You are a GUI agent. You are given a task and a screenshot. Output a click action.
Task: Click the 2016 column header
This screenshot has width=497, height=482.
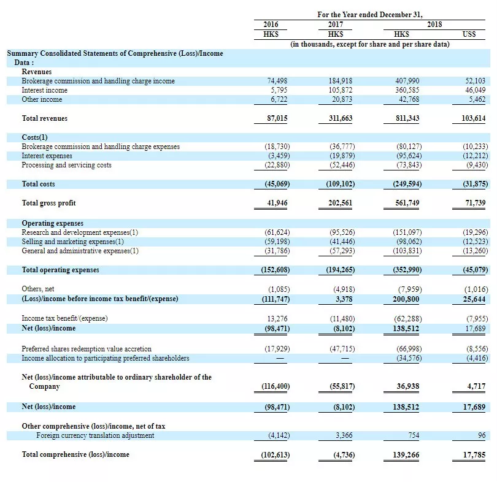(271, 25)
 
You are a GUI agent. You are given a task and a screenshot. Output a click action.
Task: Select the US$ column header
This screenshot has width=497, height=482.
(469, 34)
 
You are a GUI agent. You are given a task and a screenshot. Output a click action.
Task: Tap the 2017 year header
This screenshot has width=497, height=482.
(336, 25)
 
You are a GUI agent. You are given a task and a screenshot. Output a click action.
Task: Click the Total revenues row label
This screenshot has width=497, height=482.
(45, 118)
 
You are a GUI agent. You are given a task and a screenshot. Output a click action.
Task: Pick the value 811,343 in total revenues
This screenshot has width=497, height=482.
(407, 118)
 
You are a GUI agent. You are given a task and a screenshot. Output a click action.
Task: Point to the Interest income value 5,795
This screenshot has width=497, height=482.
(279, 90)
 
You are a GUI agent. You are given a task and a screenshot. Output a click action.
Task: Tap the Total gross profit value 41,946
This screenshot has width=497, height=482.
(277, 203)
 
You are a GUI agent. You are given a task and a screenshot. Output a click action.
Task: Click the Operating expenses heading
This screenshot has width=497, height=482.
(53, 223)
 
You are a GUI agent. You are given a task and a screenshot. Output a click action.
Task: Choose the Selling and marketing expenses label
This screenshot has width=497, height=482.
(72, 242)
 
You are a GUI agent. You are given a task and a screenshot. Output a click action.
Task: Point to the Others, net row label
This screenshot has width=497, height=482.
(38, 289)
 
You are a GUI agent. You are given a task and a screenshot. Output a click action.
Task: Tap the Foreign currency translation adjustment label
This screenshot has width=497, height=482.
(95, 435)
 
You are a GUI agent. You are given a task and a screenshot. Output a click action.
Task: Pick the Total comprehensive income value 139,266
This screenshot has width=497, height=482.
(406, 455)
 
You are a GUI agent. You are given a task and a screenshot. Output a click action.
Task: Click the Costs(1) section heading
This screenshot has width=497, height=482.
(34, 137)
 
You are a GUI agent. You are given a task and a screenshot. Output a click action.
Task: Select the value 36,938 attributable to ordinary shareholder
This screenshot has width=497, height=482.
(408, 386)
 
